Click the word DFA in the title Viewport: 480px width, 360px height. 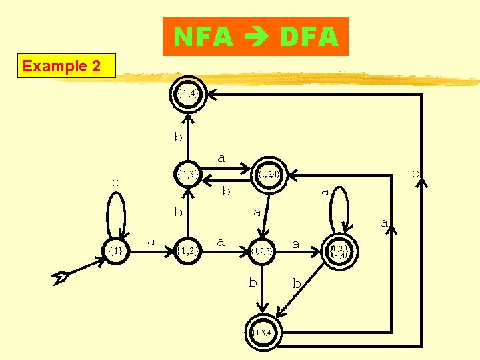tap(309, 37)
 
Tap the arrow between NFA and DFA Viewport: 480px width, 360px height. tap(257, 38)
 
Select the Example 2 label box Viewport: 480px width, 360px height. tap(66, 66)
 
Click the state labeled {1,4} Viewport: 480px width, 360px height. tap(189, 94)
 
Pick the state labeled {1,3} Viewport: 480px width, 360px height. tap(189, 174)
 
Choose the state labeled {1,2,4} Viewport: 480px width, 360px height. tap(269, 174)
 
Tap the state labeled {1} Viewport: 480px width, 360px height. tap(115, 251)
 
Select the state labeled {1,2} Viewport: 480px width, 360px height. tap(189, 251)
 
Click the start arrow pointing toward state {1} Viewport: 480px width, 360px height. tap(73, 272)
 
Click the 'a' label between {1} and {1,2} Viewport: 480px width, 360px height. tap(151, 241)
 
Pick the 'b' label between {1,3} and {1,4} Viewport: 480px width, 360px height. tap(178, 137)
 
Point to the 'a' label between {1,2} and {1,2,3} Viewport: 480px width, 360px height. tap(221, 241)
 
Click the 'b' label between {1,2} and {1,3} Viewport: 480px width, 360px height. tap(178, 212)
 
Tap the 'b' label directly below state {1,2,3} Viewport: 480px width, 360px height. tap(253, 282)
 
